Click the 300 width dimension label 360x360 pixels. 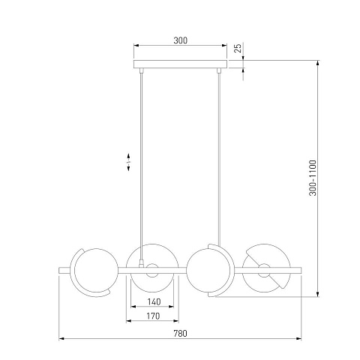point(180,40)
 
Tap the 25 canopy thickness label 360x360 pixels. point(238,48)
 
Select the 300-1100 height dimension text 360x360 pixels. point(313,178)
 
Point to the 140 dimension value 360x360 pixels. point(154,301)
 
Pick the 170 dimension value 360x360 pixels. point(153,316)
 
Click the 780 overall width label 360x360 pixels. point(180,334)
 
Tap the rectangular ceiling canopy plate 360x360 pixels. point(180,64)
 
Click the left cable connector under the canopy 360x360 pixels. point(142,70)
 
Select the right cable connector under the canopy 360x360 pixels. point(219,70)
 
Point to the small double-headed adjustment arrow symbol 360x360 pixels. point(128,162)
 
